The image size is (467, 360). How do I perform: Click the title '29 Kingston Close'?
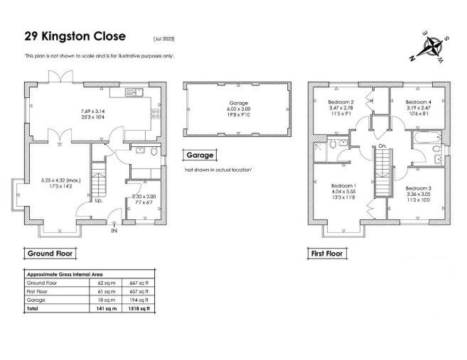[75, 36]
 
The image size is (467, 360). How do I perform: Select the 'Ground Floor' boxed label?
[50, 253]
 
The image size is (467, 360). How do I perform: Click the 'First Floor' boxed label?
[327, 253]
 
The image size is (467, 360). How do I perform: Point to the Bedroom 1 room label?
[344, 185]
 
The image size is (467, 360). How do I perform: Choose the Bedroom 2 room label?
[340, 102]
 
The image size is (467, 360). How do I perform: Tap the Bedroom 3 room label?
[419, 188]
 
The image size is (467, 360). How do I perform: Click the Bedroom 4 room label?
[419, 102]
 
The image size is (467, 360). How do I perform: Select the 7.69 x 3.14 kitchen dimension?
[93, 111]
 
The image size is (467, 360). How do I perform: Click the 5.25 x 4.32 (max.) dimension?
[60, 180]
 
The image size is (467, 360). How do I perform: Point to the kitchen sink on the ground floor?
[134, 92]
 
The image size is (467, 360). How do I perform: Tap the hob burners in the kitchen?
[156, 114]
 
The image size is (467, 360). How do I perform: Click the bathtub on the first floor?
[427, 138]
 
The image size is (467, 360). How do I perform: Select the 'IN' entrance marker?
[114, 231]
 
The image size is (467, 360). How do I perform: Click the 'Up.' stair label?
[99, 200]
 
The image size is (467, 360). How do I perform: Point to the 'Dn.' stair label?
[382, 146]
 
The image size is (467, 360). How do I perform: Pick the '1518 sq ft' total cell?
[139, 309]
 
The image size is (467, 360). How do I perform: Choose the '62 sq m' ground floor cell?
[107, 283]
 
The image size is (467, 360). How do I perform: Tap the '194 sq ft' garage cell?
[139, 300]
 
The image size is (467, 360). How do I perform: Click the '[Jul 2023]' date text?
[164, 39]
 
